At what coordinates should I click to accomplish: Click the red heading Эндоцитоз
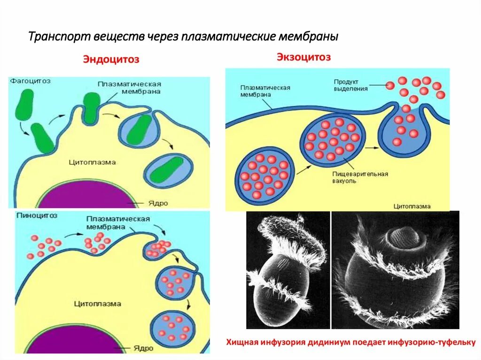111,60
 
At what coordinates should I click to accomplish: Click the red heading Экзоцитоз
303,57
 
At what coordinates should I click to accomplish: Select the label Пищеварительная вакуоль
360,177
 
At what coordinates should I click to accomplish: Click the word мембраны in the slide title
308,37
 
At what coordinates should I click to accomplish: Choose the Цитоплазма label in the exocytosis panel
411,206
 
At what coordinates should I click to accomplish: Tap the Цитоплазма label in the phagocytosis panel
92,162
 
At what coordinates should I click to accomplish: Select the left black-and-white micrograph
287,269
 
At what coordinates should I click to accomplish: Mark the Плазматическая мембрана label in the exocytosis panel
265,91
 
